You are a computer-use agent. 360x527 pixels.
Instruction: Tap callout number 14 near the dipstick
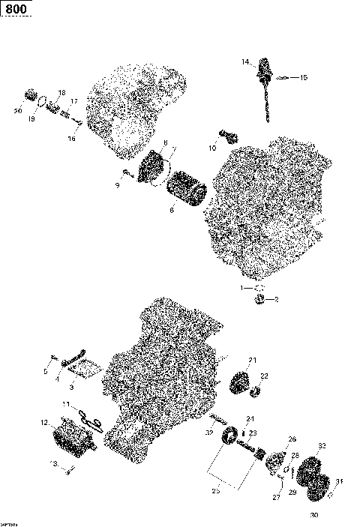tap(244, 62)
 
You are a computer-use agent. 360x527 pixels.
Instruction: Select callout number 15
tap(303, 77)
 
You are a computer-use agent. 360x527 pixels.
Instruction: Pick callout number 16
tap(72, 138)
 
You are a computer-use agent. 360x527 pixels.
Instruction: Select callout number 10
tap(212, 149)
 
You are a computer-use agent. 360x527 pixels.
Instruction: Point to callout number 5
tap(45, 370)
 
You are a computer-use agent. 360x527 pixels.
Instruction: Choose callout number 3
tap(72, 388)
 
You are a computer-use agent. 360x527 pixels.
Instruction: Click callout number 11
tap(66, 406)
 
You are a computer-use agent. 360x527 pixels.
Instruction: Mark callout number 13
tap(53, 464)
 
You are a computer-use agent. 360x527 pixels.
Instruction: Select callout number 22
tap(263, 376)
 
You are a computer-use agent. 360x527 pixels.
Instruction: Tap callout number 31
tap(338, 481)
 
